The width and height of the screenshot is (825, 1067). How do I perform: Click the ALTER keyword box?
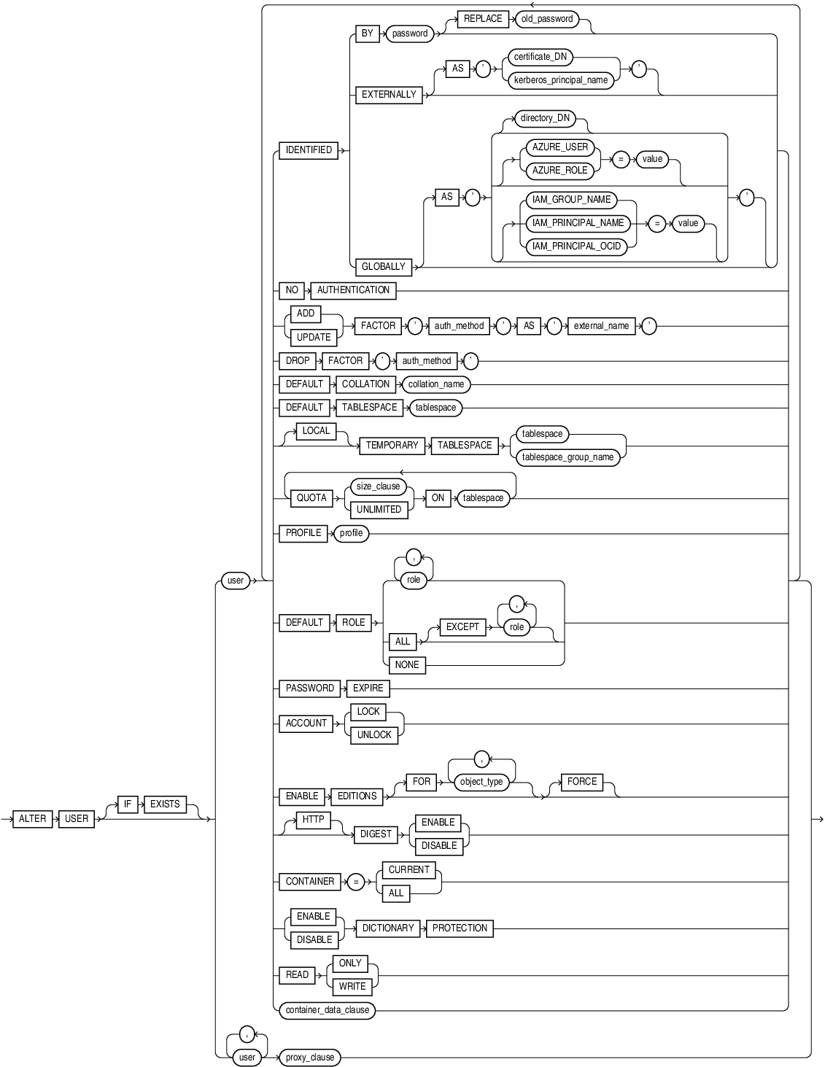coord(33,818)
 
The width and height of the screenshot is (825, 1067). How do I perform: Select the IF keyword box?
coord(128,804)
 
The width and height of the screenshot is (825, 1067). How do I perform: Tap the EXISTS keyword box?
coord(165,804)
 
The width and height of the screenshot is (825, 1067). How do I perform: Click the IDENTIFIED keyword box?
coord(309,150)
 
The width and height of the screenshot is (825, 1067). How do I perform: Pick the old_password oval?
coord(547,19)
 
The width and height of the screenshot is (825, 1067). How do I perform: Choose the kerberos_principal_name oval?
coord(560,80)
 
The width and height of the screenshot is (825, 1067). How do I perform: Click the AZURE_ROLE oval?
coord(559,171)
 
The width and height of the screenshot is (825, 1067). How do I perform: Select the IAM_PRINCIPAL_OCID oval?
coord(576,247)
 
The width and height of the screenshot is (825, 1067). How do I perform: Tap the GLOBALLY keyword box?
coord(383,267)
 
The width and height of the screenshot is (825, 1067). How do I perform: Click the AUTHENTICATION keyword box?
coord(353,290)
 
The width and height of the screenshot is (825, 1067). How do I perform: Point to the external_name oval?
coord(601,326)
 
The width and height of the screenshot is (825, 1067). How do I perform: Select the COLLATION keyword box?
coord(365,384)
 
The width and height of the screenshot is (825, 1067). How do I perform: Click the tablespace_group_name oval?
coord(568,457)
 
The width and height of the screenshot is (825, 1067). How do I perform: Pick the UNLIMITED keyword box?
coord(379,510)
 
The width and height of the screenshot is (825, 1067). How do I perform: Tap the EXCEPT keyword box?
coord(462,627)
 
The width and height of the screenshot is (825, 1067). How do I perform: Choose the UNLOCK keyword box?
coord(374,735)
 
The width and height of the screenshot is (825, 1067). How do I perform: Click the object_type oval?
coord(481,782)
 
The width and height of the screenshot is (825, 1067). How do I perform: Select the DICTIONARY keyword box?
coord(388,928)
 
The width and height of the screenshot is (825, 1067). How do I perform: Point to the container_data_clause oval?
coord(327,1010)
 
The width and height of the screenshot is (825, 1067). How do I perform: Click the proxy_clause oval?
coord(310,1058)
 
